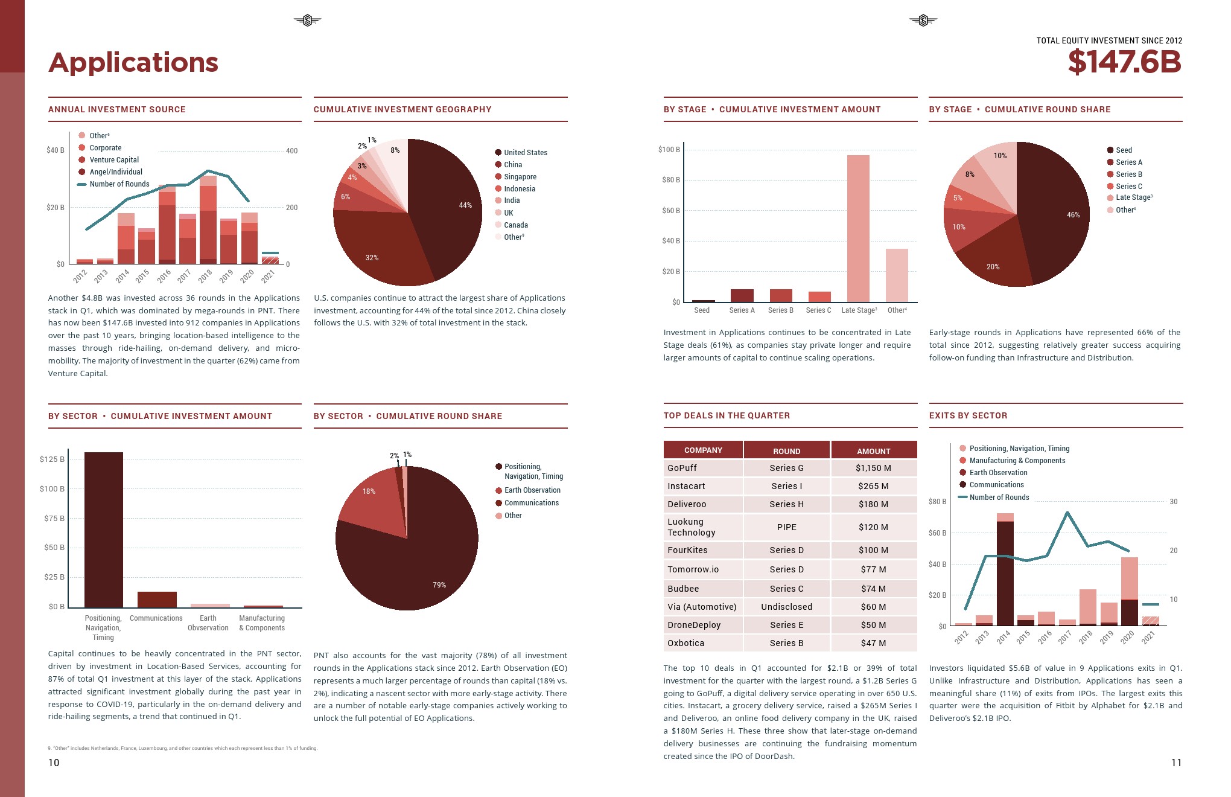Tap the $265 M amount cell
pos(873,486)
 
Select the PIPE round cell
pos(786,527)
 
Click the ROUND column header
pos(786,451)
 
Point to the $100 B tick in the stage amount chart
pos(669,150)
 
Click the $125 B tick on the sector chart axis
pos(52,459)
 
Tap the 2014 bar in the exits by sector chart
pos(1005,571)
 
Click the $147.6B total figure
pos(1124,62)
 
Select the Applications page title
pos(133,63)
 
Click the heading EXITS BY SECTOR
pos(968,415)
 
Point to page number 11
pos(1175,763)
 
